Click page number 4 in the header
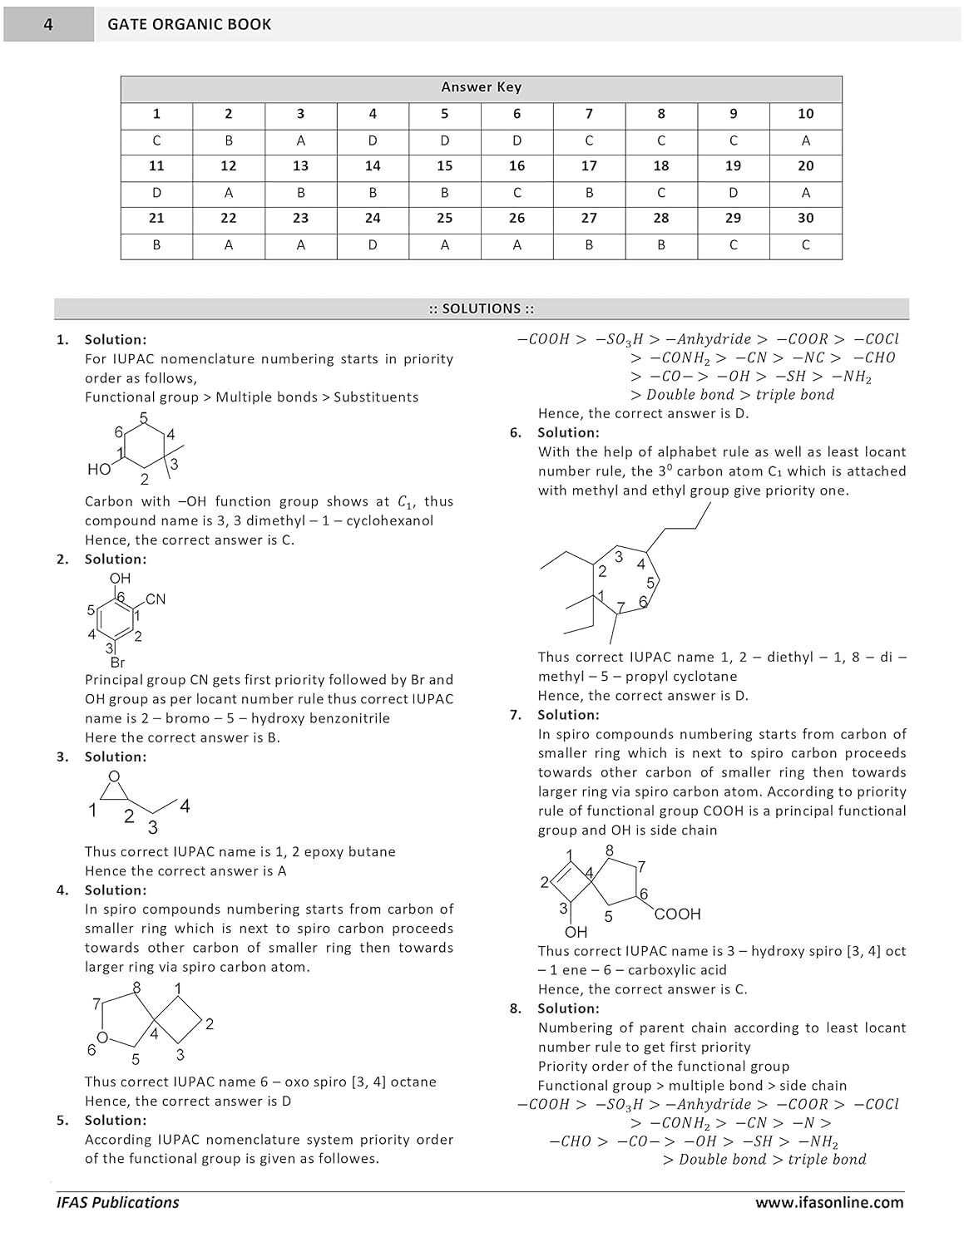(48, 25)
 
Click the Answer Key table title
(481, 87)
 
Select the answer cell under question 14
(373, 193)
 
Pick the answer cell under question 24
(373, 245)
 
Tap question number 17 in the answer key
(589, 166)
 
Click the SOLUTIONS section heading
(481, 308)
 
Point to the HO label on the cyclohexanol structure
(98, 470)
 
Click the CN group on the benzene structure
(155, 599)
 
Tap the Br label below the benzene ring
(117, 663)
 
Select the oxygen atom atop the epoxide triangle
(114, 777)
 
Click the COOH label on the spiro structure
(678, 914)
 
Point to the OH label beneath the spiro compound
(576, 932)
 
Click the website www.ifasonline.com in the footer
(828, 1202)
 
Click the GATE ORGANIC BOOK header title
(189, 25)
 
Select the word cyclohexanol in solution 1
(390, 521)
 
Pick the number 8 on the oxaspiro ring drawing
(136, 988)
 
